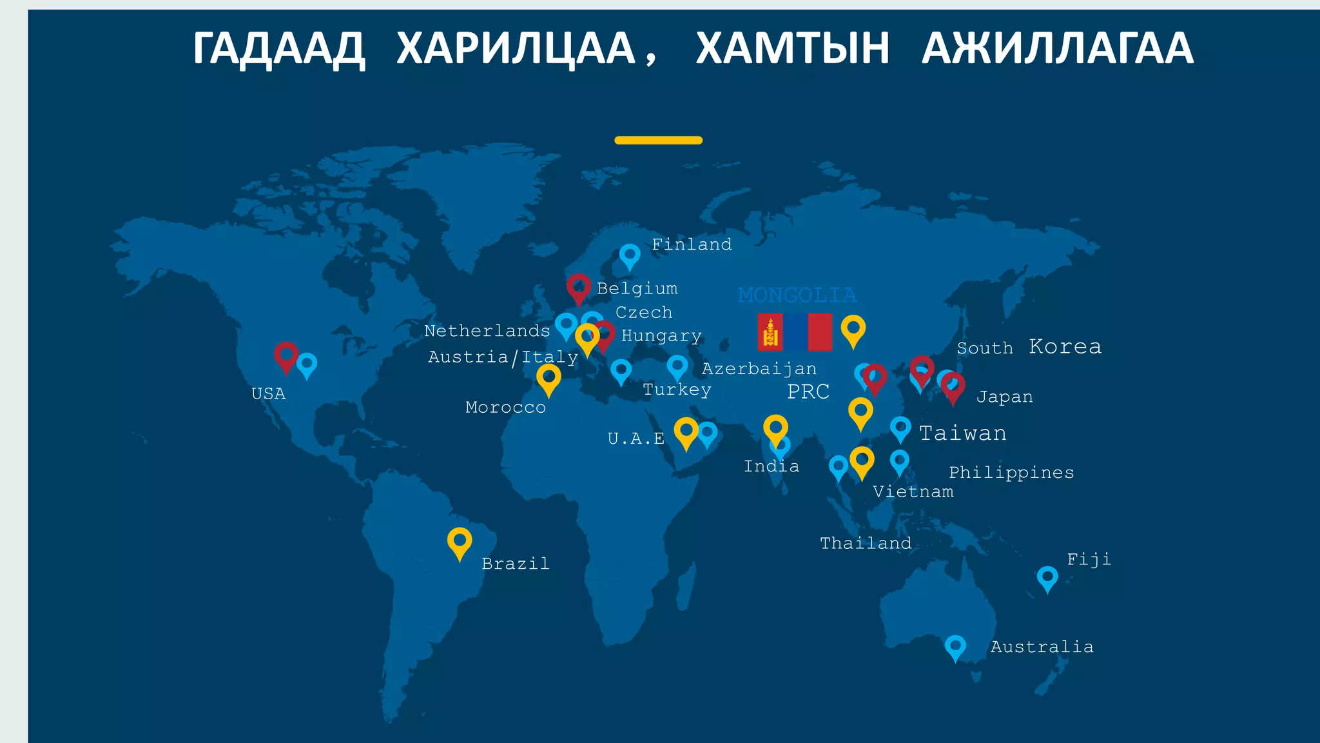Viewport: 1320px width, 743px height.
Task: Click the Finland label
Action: tap(692, 244)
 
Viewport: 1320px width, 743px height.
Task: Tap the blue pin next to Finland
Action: tap(630, 255)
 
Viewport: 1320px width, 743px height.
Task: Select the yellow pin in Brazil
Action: tap(460, 542)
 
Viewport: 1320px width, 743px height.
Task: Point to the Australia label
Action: tap(1042, 647)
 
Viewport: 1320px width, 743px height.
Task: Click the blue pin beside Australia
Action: tap(955, 647)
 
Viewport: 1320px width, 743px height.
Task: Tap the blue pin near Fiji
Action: tap(1047, 578)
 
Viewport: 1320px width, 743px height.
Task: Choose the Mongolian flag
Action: tap(795, 332)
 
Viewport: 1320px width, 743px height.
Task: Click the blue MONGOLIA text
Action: tap(797, 295)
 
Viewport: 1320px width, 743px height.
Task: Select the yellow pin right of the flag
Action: tap(853, 330)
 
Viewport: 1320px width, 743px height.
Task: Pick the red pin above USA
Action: tap(286, 356)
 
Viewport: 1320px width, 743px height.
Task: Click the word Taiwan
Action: tap(962, 433)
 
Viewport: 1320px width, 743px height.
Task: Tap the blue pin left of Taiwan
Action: tap(900, 428)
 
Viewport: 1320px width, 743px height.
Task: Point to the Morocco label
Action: tap(505, 408)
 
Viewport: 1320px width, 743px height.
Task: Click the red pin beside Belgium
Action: tap(579, 288)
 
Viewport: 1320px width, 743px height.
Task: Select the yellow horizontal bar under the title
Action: tap(658, 140)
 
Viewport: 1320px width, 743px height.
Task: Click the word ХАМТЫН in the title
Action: tap(792, 48)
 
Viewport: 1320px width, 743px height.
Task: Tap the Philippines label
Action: tap(1011, 473)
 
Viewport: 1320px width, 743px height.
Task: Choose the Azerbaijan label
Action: tap(759, 369)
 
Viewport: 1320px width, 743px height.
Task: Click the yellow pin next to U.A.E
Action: tap(686, 431)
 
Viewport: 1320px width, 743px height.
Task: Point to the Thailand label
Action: tap(866, 544)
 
